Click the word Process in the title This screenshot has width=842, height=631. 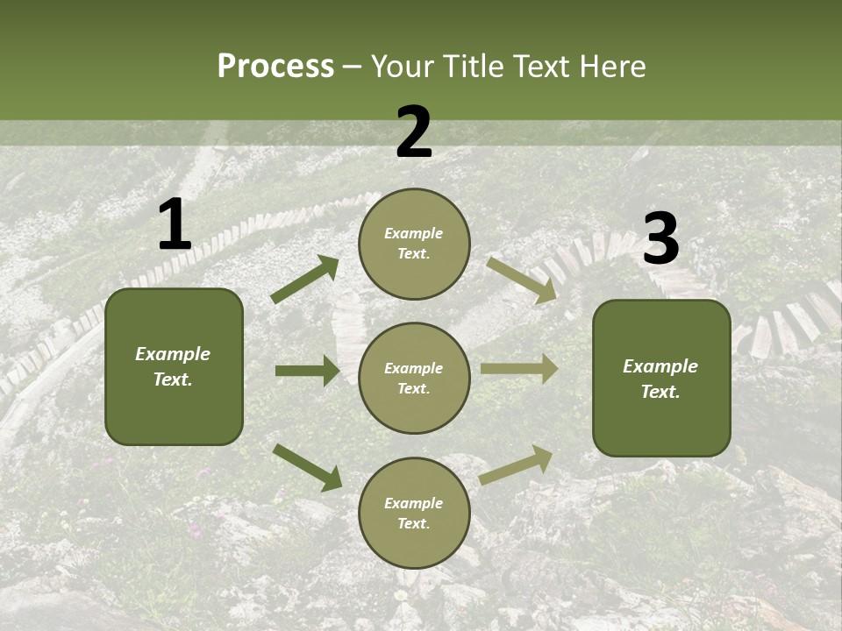[275, 66]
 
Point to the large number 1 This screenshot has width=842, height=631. [175, 226]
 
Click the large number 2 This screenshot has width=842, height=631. [414, 132]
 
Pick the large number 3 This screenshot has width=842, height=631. [660, 239]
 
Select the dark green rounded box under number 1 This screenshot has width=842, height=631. [174, 366]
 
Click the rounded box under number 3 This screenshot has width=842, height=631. [661, 379]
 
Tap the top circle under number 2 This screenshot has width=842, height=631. [414, 244]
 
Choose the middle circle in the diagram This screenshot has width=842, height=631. [414, 378]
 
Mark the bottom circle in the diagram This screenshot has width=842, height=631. [414, 513]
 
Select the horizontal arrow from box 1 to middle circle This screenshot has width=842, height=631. [308, 371]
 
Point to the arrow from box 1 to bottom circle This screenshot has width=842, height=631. [308, 466]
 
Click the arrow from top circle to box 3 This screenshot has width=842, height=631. [521, 280]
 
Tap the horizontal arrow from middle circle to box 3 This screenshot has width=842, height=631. [519, 369]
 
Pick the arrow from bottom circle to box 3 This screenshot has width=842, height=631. [516, 464]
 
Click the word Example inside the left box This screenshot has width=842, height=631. [173, 354]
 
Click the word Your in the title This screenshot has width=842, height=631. [402, 66]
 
